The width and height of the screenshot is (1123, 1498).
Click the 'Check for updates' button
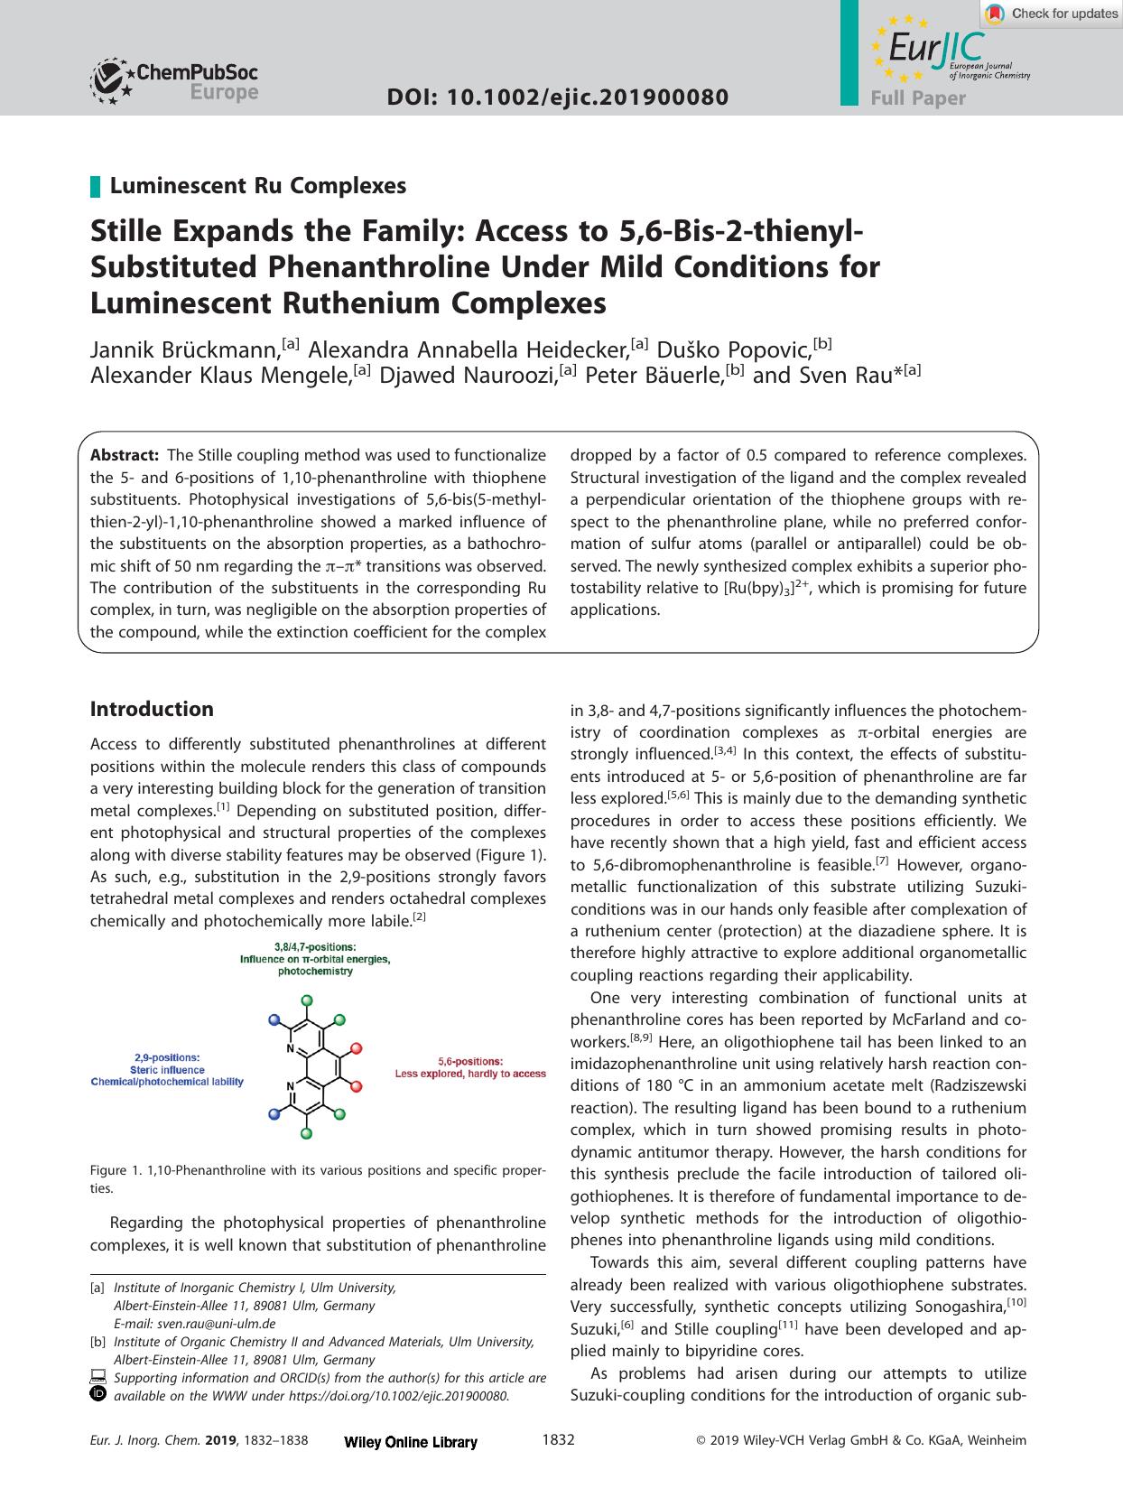pyautogui.click(x=1052, y=14)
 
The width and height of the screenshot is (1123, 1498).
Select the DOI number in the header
pyautogui.click(x=557, y=98)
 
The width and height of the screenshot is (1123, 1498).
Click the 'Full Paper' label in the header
pyautogui.click(x=918, y=98)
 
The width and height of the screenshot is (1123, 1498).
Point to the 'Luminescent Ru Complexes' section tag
pyautogui.click(x=257, y=186)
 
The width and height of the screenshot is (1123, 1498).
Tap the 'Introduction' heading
pyautogui.click(x=152, y=709)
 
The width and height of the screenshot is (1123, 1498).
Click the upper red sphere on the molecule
pyautogui.click(x=357, y=1047)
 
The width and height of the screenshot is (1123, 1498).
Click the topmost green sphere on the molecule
pyautogui.click(x=306, y=1000)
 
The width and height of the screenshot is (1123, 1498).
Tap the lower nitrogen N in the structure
pyautogui.click(x=290, y=1086)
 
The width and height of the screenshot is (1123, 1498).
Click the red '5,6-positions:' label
pyautogui.click(x=470, y=1061)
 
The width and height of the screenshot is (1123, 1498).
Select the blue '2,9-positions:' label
pyautogui.click(x=167, y=1057)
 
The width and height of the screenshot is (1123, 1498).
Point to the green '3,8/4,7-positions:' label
pyautogui.click(x=315, y=946)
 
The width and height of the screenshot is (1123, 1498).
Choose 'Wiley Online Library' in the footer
pyautogui.click(x=411, y=1442)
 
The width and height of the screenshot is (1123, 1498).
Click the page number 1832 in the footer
pyautogui.click(x=558, y=1440)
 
